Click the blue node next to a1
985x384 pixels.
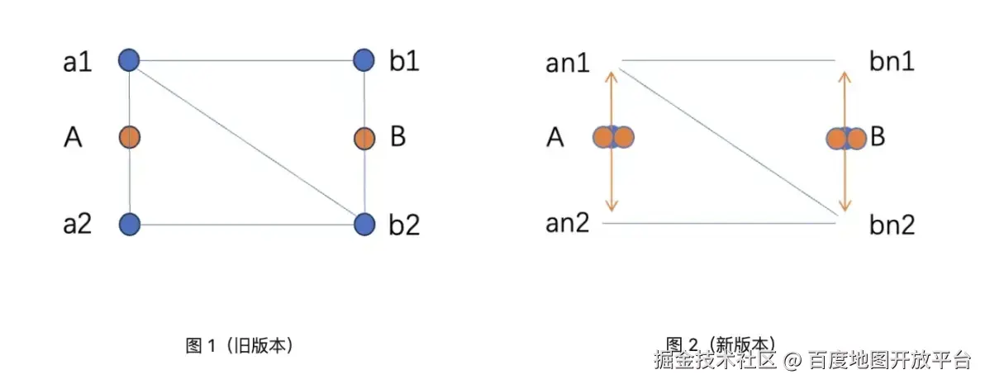tap(128, 59)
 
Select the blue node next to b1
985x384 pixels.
tap(364, 59)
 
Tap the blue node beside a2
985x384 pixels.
tap(129, 224)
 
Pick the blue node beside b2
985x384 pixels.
tap(364, 224)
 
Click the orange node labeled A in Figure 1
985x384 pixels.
tap(129, 137)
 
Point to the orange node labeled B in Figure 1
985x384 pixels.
tap(364, 138)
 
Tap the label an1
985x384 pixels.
tap(568, 63)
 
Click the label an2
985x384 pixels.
tap(568, 223)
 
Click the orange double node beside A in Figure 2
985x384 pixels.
tap(613, 137)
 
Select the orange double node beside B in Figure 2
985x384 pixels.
tap(846, 138)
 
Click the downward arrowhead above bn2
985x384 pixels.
tap(845, 206)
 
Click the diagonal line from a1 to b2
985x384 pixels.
tap(246, 141)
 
